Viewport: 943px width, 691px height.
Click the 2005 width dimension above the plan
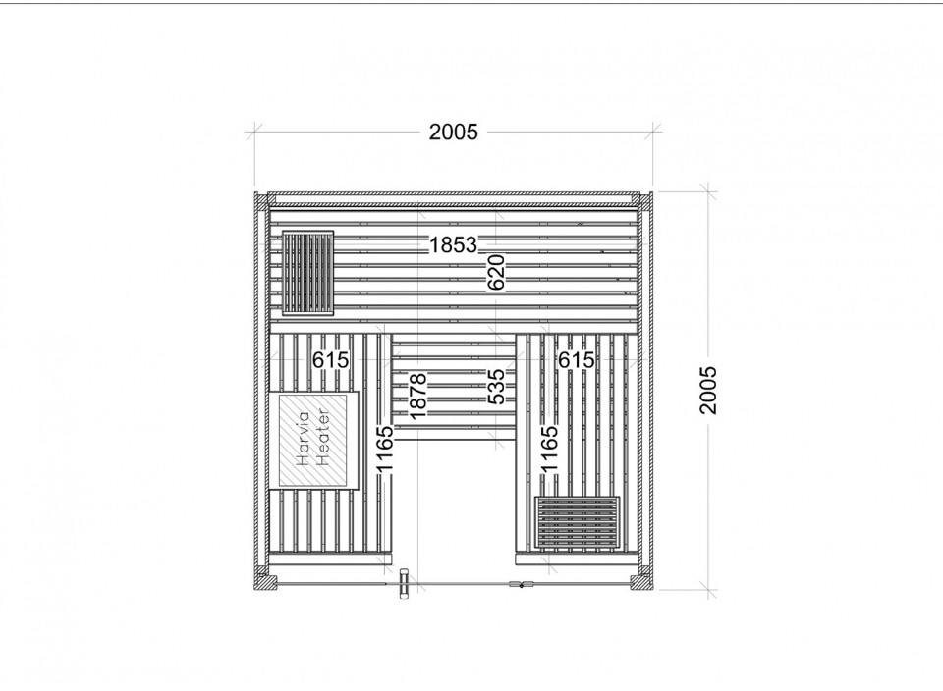tap(453, 132)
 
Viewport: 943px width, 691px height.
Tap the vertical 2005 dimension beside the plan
tap(708, 390)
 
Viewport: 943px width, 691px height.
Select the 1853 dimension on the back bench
tap(453, 245)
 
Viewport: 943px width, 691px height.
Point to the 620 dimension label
tap(496, 272)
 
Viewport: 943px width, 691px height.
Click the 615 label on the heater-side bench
tap(330, 360)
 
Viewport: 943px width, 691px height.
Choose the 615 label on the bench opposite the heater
tap(577, 360)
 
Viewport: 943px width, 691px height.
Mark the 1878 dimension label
tap(417, 396)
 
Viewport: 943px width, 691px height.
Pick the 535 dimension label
tap(496, 387)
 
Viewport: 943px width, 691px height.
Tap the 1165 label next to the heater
tap(384, 449)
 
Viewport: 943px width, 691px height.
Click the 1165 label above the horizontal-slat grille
tap(550, 449)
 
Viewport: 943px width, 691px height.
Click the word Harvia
tap(304, 439)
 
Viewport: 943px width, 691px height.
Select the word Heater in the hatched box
tap(323, 439)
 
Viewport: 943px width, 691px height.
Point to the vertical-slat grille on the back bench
tap(307, 273)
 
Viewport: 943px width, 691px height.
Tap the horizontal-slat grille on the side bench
tap(578, 521)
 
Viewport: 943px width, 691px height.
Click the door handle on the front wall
tap(403, 583)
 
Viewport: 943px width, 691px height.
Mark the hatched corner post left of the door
tap(264, 581)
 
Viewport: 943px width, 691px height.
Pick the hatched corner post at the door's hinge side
tap(640, 581)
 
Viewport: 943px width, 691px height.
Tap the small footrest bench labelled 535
tap(454, 387)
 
